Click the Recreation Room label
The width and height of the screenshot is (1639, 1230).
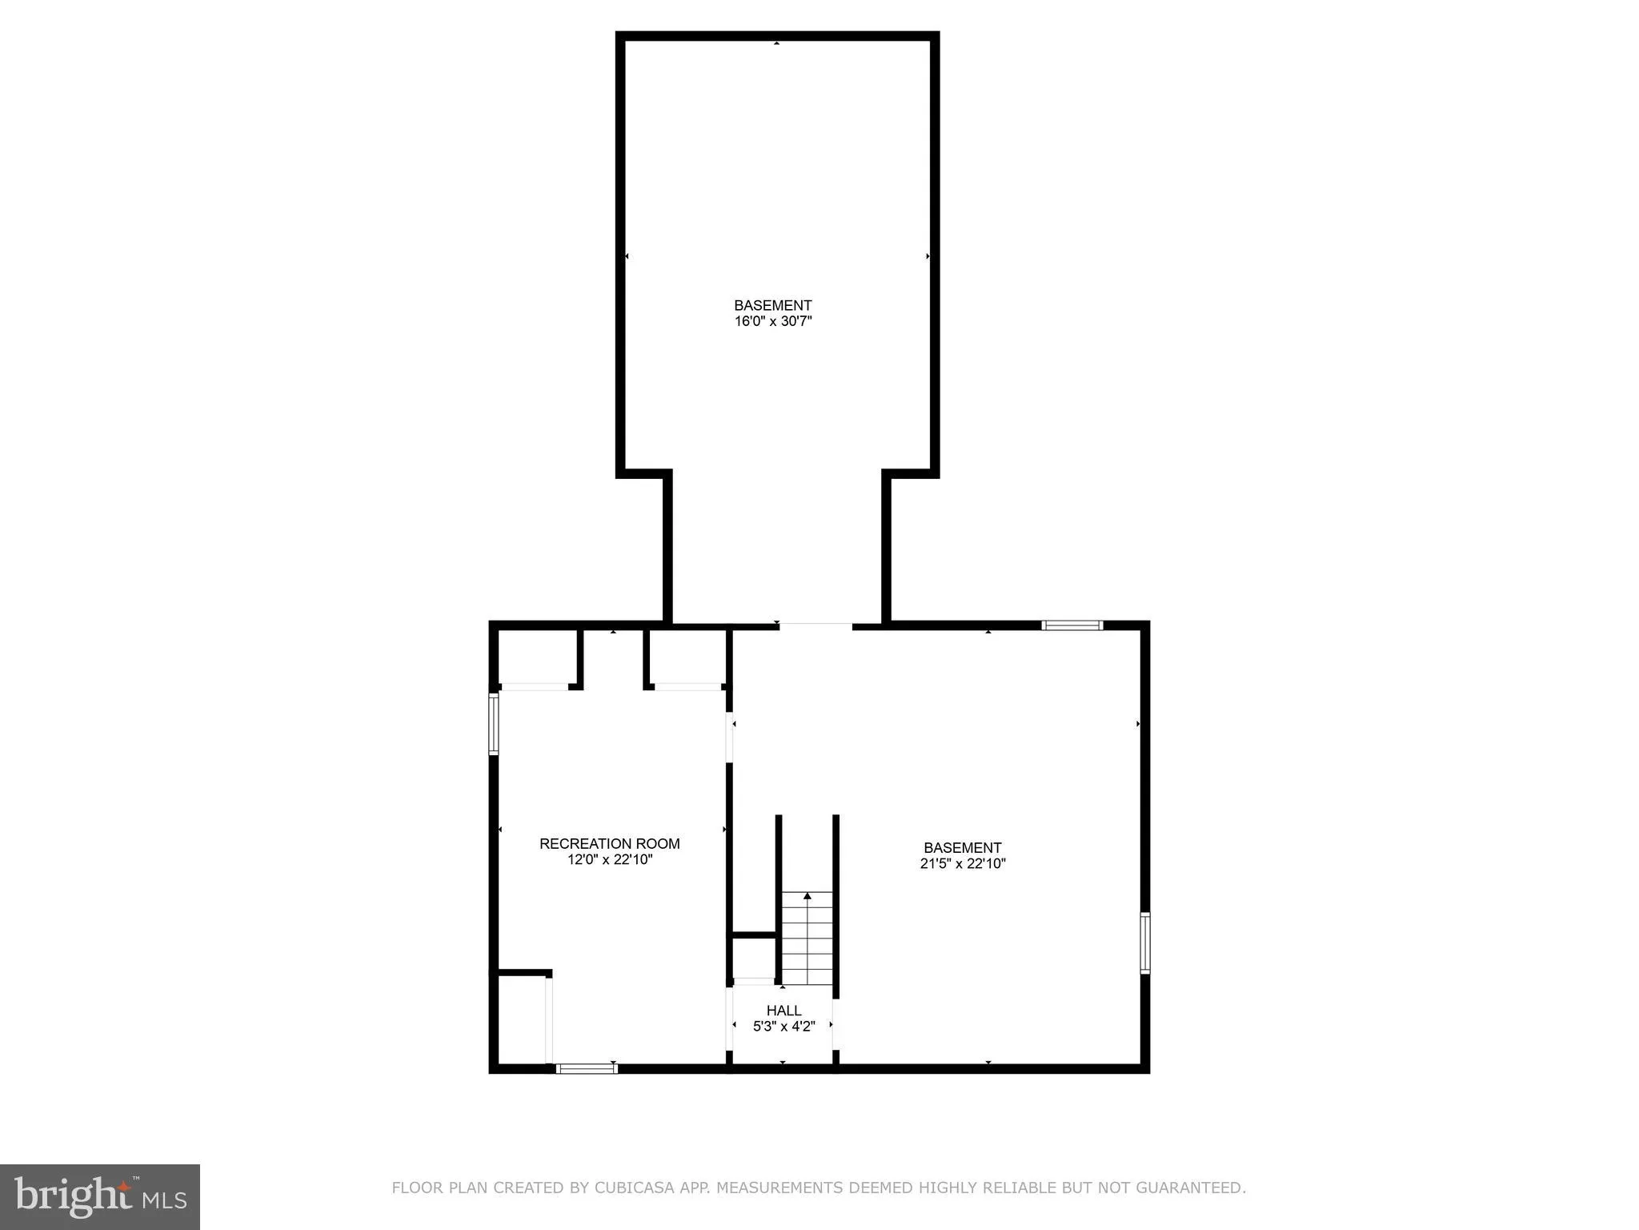click(609, 843)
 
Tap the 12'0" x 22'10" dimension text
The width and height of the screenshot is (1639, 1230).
click(610, 860)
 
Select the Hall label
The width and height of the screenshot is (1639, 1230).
click(783, 1011)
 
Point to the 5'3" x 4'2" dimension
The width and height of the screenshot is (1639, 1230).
click(783, 1027)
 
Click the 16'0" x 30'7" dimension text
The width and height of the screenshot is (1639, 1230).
click(773, 321)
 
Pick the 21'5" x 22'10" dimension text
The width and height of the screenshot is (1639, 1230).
click(962, 863)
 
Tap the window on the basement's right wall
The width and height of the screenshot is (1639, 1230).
click(1144, 943)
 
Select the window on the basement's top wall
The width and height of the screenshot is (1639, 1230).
click(1072, 625)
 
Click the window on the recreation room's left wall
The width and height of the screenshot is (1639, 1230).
click(494, 724)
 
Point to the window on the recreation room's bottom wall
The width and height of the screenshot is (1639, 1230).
click(587, 1068)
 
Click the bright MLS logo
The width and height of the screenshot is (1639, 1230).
click(100, 1197)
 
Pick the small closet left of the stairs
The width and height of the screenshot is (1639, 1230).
click(753, 957)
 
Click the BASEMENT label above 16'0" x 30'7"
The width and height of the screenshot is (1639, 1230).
click(773, 305)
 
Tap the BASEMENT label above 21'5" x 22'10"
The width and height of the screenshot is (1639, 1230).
click(962, 847)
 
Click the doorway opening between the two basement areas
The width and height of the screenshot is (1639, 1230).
click(815, 626)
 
